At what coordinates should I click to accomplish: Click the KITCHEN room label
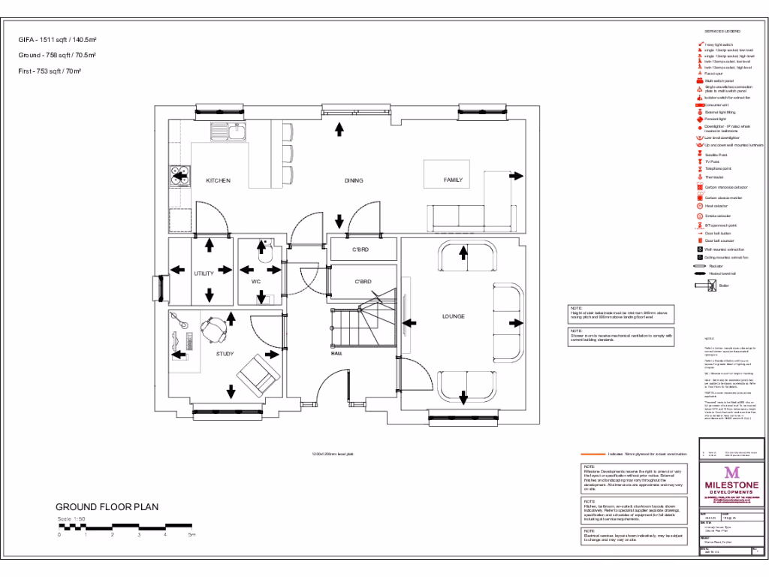[x=218, y=180]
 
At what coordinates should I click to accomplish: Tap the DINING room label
[x=354, y=180]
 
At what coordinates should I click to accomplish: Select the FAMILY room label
[x=453, y=180]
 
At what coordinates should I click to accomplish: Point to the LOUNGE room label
[x=453, y=316]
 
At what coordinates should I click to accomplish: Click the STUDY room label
[x=225, y=354]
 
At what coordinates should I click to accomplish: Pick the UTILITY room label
[x=204, y=273]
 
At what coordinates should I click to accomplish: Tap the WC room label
[x=255, y=281]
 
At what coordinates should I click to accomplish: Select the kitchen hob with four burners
[x=179, y=174]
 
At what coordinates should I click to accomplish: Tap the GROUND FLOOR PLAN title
[x=107, y=507]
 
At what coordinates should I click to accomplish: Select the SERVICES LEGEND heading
[x=722, y=31]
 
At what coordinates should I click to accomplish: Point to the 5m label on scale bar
[x=191, y=535]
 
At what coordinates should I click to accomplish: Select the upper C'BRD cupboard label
[x=360, y=249]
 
